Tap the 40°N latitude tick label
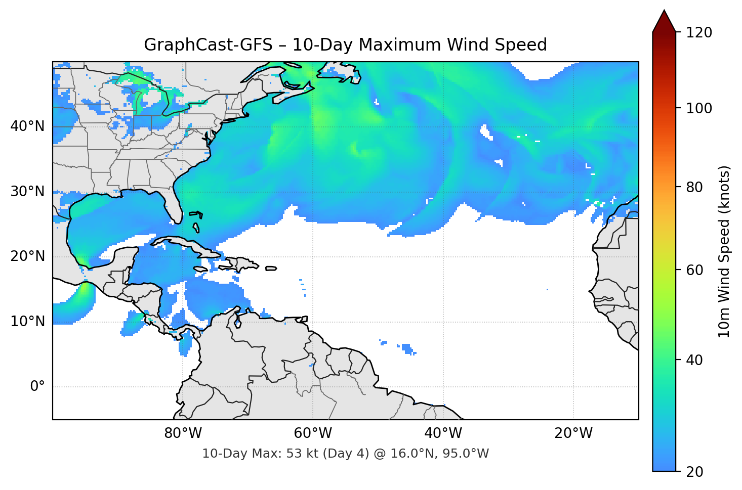point(27,126)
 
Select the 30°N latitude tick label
point(27,192)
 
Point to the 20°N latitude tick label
point(27,256)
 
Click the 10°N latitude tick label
point(27,322)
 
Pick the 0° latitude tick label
point(37,387)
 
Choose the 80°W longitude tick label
point(183,433)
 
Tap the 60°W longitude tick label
point(313,433)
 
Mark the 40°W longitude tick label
point(443,433)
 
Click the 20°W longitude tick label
point(573,433)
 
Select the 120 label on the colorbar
point(699,32)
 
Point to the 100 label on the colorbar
point(699,108)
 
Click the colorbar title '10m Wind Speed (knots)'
point(724,251)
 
